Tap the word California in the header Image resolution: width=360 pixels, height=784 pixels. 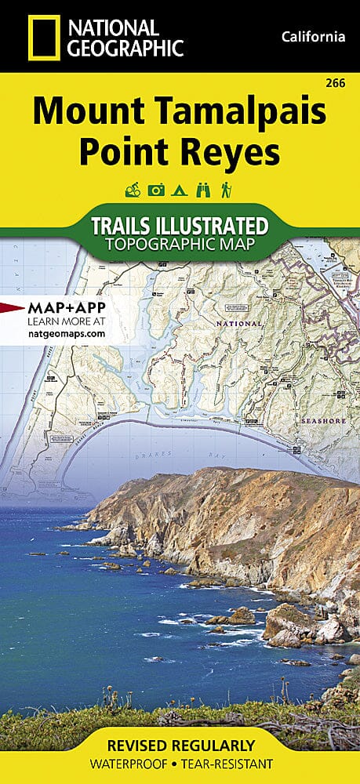point(312,37)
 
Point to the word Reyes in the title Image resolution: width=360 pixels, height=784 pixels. point(231,153)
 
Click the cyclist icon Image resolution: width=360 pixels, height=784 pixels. point(132,190)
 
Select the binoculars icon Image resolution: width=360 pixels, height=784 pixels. point(202,190)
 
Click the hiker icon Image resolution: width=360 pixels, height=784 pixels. point(226,190)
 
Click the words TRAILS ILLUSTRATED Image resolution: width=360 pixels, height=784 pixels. point(180,227)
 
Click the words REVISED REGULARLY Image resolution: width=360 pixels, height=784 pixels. point(180,746)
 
